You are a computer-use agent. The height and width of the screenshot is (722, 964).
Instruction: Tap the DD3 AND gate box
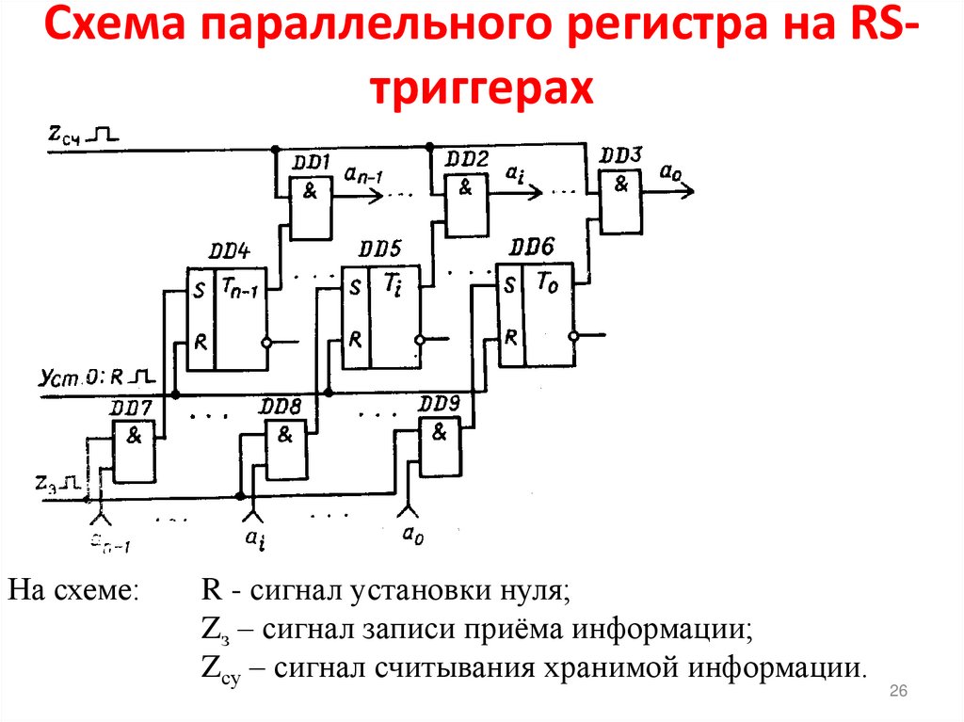[x=620, y=201]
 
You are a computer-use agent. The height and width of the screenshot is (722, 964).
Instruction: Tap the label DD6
[x=532, y=247]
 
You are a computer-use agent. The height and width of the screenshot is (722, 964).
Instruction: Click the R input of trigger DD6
[x=509, y=336]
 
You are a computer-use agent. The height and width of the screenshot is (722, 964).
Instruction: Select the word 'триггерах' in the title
[x=481, y=91]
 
